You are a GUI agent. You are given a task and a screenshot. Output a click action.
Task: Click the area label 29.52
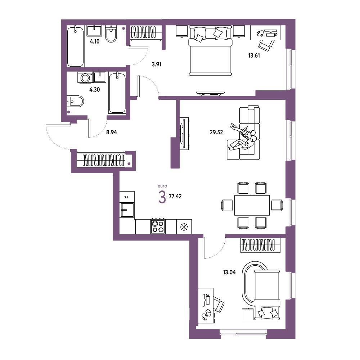216,132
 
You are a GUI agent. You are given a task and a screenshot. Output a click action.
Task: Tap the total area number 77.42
175,196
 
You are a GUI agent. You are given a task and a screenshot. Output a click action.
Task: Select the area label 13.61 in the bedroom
254,55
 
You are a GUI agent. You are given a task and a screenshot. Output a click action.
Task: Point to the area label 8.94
111,132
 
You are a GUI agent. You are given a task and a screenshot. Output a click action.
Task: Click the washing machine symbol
85,78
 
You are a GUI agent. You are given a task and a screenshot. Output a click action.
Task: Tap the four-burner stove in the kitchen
158,226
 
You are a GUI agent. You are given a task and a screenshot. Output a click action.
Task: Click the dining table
252,205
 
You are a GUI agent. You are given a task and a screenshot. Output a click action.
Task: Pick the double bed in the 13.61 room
210,50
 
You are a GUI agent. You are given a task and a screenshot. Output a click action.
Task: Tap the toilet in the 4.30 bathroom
75,101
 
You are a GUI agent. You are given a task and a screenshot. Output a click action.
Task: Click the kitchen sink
127,210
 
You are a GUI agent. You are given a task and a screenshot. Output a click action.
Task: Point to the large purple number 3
162,197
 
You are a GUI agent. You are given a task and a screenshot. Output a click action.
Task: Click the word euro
162,186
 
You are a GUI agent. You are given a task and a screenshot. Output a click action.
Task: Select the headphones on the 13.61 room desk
260,33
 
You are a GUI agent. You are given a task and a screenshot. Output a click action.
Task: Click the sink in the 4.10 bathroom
94,31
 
